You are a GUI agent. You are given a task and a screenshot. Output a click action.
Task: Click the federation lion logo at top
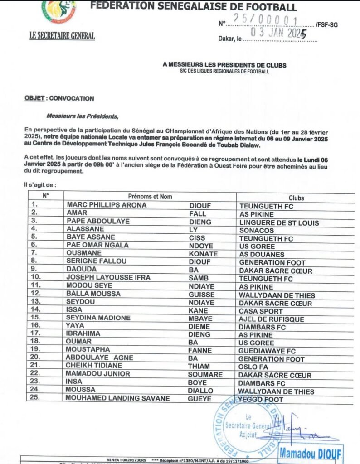pyautogui.click(x=59, y=10)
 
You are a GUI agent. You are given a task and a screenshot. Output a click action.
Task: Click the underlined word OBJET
pyautogui.click(x=34, y=98)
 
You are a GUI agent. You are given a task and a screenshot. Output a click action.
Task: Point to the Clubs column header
pyautogui.click(x=296, y=198)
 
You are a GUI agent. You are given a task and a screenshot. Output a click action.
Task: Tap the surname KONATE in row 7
pyautogui.click(x=203, y=254)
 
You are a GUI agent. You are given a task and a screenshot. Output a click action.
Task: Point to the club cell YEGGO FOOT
pyautogui.click(x=261, y=400)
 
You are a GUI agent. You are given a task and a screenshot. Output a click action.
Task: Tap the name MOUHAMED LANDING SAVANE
pyautogui.click(x=118, y=399)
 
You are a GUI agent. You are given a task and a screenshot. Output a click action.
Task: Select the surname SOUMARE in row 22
pyautogui.click(x=205, y=375)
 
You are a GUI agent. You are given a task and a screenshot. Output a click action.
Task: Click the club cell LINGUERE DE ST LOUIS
pyautogui.click(x=279, y=222)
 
